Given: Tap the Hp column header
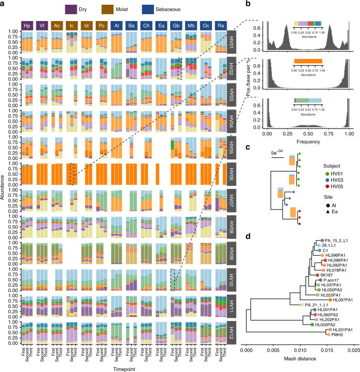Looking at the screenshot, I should (x=27, y=25).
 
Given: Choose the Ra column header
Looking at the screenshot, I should (x=222, y=25).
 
